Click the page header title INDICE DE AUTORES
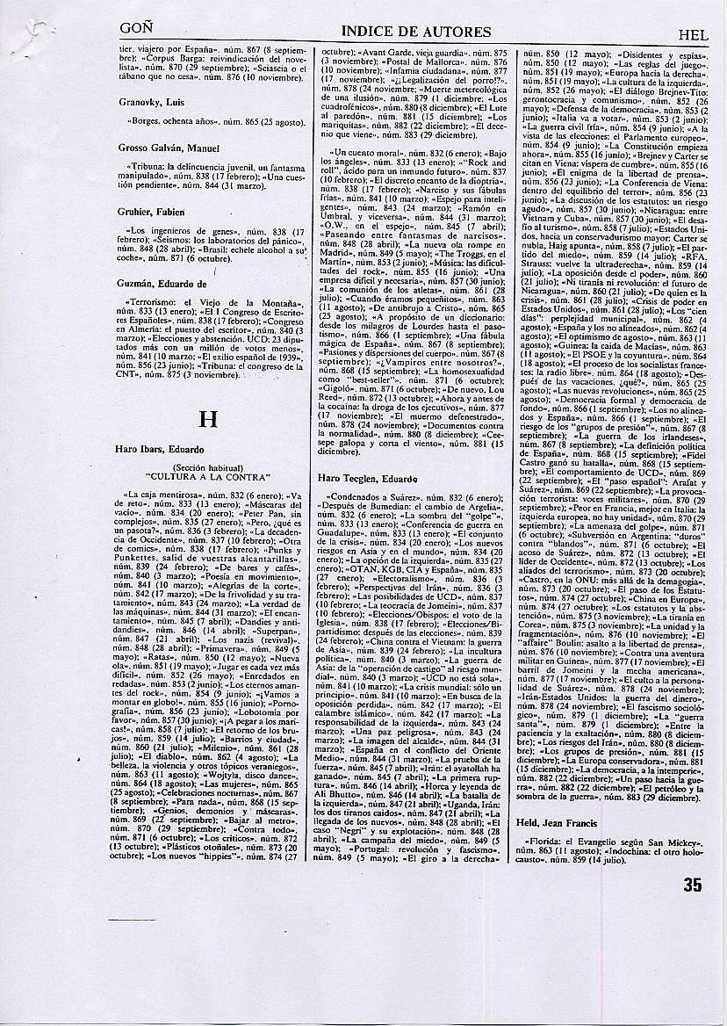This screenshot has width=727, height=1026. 415,33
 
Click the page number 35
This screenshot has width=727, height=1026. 693,885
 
